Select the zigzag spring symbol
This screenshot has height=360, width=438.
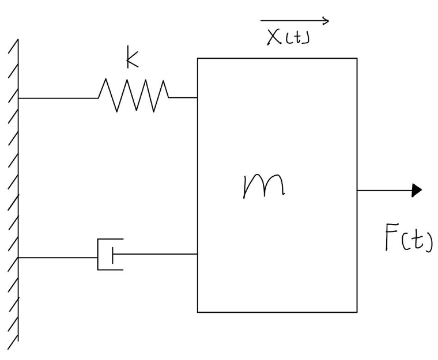coord(133,96)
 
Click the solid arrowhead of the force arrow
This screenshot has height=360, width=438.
coord(417,190)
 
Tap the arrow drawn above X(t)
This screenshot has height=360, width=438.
coord(294,22)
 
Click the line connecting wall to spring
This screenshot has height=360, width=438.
coord(58,98)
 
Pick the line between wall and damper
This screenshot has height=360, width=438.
coord(58,257)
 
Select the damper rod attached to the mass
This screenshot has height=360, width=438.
coord(156,254)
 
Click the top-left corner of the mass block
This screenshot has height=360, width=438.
coord(198,58)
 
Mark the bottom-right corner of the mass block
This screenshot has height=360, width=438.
coord(357,312)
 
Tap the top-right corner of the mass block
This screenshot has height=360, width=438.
coord(357,58)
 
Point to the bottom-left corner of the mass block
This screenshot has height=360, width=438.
coord(198,312)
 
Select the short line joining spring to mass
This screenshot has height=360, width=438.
coord(183,97)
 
